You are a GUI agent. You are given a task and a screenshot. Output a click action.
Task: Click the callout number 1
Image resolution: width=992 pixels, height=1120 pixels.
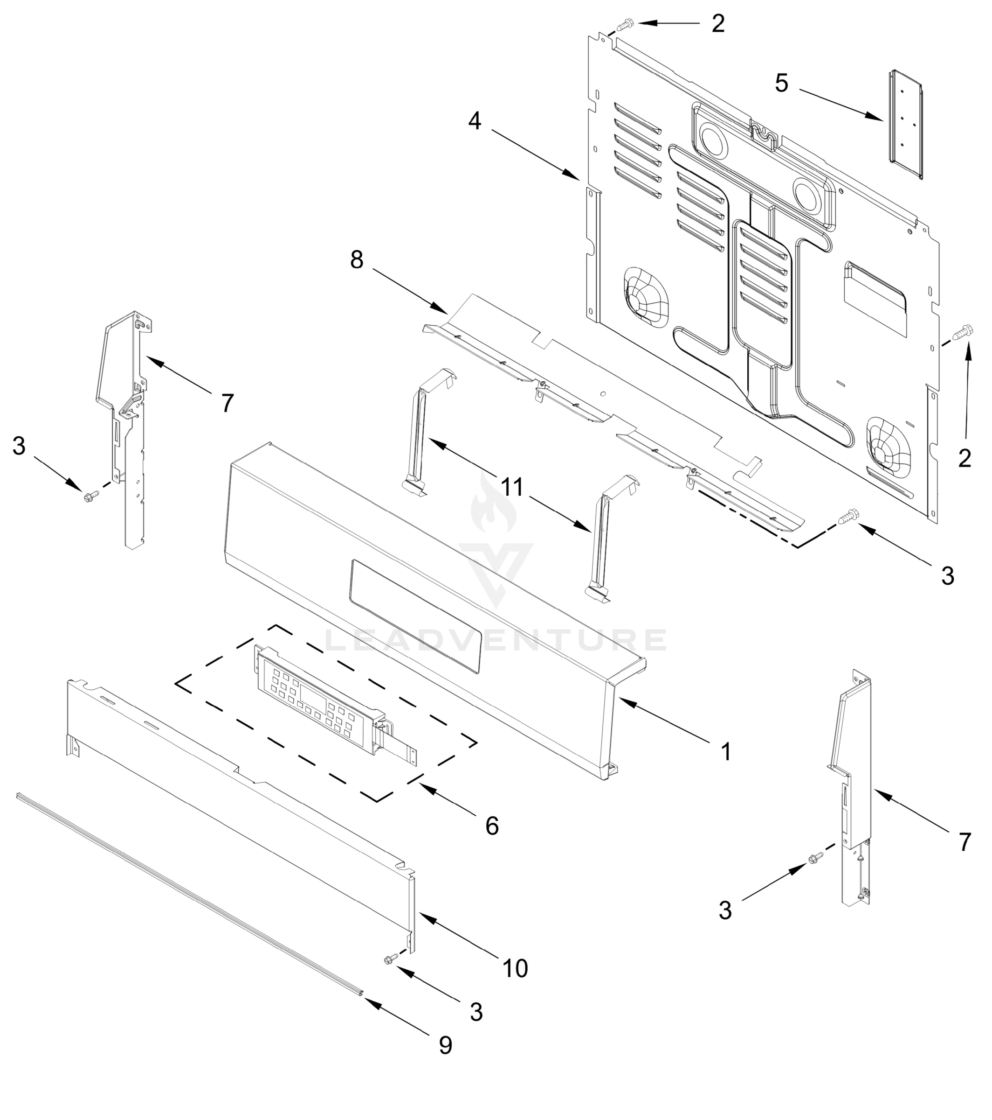tap(726, 752)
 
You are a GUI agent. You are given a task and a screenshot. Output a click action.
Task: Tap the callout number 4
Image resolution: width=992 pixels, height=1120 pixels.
tap(475, 121)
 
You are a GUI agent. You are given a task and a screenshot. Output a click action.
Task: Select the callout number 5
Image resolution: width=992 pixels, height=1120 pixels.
tap(781, 83)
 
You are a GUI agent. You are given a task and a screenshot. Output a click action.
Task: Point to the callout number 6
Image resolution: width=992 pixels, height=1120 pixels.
tap(492, 825)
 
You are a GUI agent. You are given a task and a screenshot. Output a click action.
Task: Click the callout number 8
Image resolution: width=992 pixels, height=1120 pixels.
tap(357, 260)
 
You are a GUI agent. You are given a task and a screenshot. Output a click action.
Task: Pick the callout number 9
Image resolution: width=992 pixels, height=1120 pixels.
tap(446, 1045)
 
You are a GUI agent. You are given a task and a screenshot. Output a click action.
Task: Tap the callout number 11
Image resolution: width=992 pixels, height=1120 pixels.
tap(513, 487)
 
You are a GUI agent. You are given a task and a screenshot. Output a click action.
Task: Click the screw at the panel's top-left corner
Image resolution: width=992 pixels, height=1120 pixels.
tap(625, 25)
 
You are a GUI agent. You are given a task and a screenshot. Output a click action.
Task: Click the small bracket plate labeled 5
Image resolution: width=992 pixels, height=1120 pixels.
tap(906, 125)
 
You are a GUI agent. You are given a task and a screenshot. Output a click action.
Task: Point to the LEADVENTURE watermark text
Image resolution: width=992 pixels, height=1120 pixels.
tap(496, 639)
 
